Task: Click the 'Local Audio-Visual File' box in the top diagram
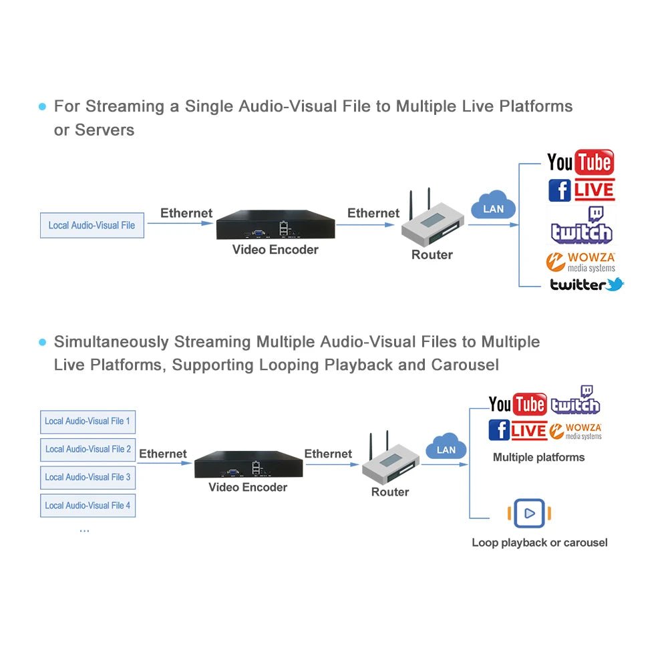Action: tap(92, 226)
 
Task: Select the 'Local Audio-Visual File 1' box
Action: tap(88, 422)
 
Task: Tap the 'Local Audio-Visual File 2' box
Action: tap(88, 450)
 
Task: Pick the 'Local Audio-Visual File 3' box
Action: tap(88, 478)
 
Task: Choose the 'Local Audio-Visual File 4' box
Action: tap(88, 506)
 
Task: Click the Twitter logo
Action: tap(587, 285)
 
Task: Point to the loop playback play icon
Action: tap(530, 513)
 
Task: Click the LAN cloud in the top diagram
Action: tap(493, 207)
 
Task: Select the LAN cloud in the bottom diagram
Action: tap(446, 448)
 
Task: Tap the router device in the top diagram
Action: tap(431, 224)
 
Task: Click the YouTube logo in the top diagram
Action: tap(580, 162)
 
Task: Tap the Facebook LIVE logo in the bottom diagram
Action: tap(517, 430)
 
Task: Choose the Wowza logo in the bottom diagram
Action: tap(576, 431)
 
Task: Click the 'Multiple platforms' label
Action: tap(538, 458)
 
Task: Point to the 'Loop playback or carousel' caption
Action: tap(540, 542)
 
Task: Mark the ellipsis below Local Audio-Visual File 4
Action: tap(84, 530)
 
